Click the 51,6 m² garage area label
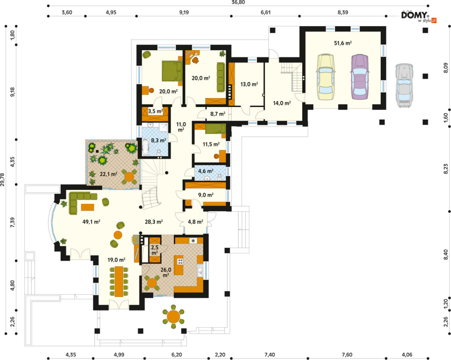(x=343, y=43)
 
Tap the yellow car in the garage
(x=325, y=77)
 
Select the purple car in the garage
(x=360, y=77)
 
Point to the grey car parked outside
(x=404, y=86)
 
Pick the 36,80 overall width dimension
(x=238, y=2)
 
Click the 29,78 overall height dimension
(x=3, y=179)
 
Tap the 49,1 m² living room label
(x=91, y=222)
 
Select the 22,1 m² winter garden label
(x=108, y=174)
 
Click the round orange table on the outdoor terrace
(x=174, y=316)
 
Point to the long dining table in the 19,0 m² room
(x=119, y=282)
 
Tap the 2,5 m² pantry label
(x=155, y=250)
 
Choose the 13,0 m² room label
(x=249, y=84)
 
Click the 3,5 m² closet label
(x=155, y=111)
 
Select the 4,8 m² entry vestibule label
(x=196, y=222)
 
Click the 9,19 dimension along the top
(x=184, y=12)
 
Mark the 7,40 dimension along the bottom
(x=270, y=355)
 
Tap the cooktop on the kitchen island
(x=180, y=262)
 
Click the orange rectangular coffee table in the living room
(x=87, y=207)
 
